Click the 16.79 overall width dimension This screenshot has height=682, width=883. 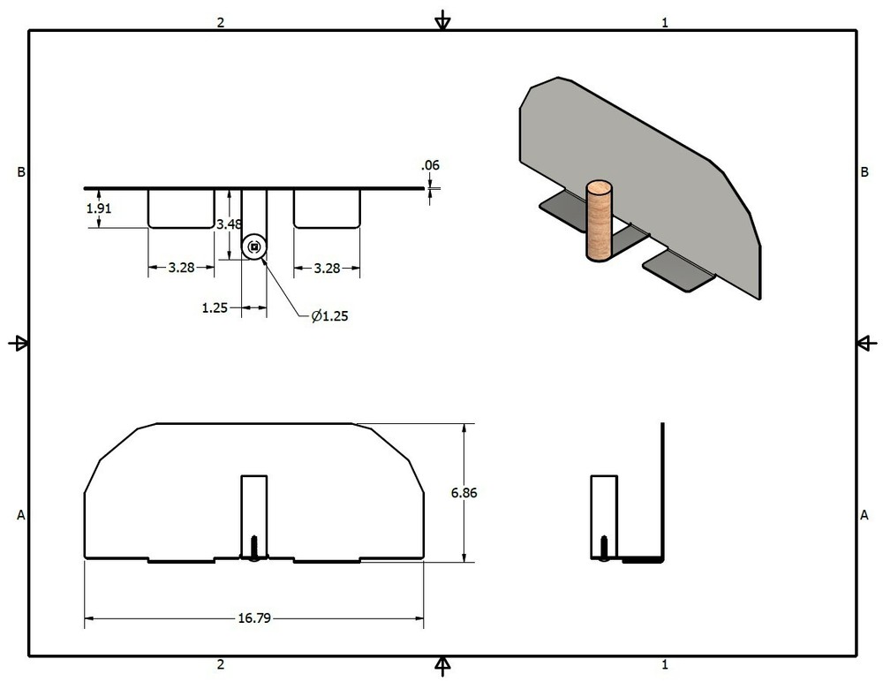click(x=253, y=618)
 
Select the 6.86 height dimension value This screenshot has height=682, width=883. click(x=464, y=493)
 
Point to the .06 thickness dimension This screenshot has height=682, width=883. click(x=431, y=165)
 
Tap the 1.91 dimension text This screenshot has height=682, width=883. click(x=99, y=208)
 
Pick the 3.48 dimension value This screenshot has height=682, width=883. click(x=229, y=224)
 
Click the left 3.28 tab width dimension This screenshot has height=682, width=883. click(x=181, y=268)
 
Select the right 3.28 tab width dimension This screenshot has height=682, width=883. click(x=327, y=268)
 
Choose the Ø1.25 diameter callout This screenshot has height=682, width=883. click(x=329, y=315)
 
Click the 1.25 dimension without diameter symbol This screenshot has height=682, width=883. click(x=215, y=307)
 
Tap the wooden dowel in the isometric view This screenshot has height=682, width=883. click(x=600, y=221)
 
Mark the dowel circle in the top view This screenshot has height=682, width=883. click(x=254, y=247)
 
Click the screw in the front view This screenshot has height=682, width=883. click(x=254, y=547)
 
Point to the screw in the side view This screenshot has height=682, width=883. click(x=603, y=547)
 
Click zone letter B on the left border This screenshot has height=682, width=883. click(x=20, y=172)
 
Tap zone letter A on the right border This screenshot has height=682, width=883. click(x=864, y=514)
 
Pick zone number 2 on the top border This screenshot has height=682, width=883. click(x=221, y=23)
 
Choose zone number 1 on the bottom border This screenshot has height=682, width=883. click(x=665, y=664)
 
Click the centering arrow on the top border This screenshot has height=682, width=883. click(x=443, y=22)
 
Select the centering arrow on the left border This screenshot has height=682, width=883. click(x=19, y=343)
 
